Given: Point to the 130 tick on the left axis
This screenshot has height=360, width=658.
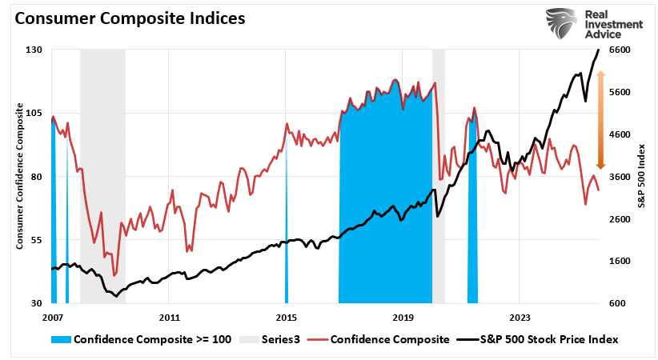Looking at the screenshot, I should coord(34,50).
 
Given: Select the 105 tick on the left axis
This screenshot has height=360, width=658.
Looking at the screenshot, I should coord(34,113).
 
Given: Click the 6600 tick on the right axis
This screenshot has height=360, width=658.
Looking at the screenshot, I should coord(622,50).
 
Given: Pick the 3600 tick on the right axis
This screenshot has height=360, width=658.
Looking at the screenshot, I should coord(622,177).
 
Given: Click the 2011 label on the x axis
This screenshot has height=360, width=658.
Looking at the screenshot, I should coord(169,317).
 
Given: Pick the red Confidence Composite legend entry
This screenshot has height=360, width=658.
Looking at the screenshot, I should coord(391,339).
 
